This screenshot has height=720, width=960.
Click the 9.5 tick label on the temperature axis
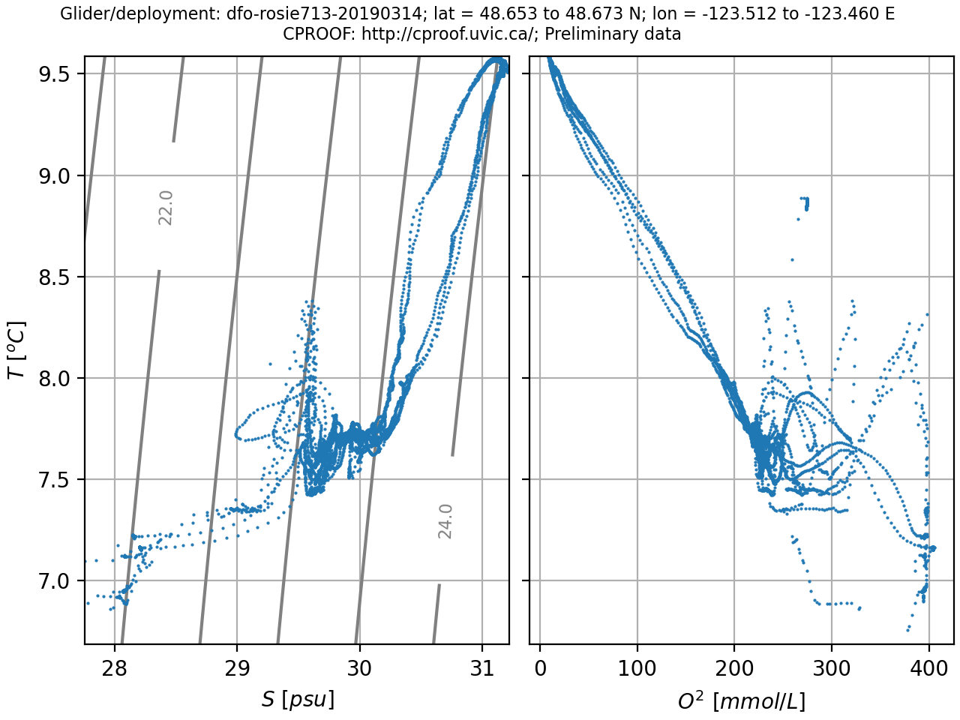tap(54, 74)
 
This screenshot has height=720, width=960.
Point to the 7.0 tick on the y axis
tap(54, 581)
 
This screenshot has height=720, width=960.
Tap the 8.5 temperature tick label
tap(54, 277)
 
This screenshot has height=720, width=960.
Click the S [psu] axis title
tap(298, 700)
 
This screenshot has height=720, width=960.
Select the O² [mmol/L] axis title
tap(741, 700)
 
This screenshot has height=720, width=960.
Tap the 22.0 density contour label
tap(166, 208)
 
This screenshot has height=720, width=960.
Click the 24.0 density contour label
tap(445, 521)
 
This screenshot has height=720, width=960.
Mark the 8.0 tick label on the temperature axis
tap(54, 379)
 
